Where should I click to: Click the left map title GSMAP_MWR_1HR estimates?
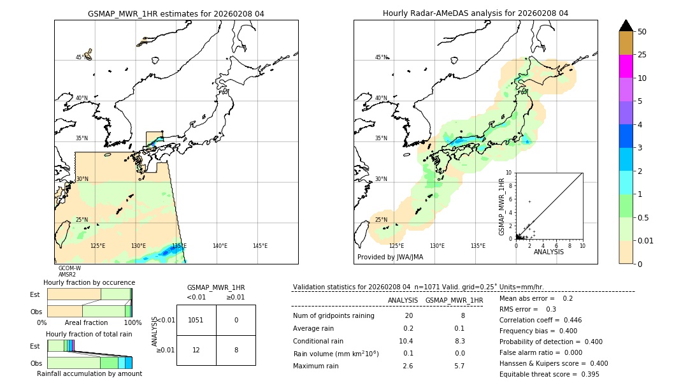(176, 13)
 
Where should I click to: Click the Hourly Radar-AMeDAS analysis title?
(475, 13)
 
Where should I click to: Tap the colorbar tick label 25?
(642, 55)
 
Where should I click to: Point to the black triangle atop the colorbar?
(626, 25)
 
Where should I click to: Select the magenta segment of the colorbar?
(626, 66)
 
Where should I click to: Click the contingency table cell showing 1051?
(196, 320)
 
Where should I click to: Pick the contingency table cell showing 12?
(196, 350)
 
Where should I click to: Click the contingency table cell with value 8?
(236, 350)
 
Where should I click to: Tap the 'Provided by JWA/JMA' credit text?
(390, 257)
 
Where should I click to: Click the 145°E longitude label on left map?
(260, 246)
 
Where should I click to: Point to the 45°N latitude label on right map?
(381, 57)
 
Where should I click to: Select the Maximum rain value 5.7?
(459, 366)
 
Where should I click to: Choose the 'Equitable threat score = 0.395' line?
(549, 374)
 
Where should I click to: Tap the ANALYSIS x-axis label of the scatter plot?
(548, 252)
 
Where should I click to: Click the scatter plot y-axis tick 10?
(508, 172)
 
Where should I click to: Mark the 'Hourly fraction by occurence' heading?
(89, 282)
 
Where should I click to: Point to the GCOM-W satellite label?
(69, 268)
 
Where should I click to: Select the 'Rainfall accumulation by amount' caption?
(89, 373)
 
